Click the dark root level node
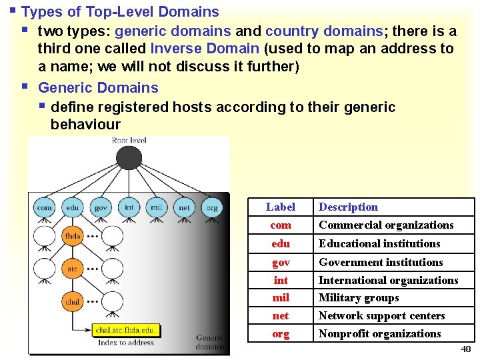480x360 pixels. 129,157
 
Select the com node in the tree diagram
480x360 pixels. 45,207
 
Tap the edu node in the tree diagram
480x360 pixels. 73,207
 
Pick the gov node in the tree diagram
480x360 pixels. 100,207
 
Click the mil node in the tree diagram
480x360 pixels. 156,207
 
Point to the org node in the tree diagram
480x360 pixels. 211,207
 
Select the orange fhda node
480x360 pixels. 73,236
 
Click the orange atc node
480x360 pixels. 73,269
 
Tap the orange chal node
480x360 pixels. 73,301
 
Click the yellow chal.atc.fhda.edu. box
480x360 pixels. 127,330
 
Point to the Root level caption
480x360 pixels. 129,141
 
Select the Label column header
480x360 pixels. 280,207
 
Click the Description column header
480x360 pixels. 348,207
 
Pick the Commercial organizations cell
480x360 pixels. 386,225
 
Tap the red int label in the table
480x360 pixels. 281,280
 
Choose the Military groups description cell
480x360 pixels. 359,298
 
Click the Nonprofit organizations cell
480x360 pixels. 380,334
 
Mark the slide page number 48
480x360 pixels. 465,349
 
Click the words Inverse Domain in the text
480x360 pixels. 205,49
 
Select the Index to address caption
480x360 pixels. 127,343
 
